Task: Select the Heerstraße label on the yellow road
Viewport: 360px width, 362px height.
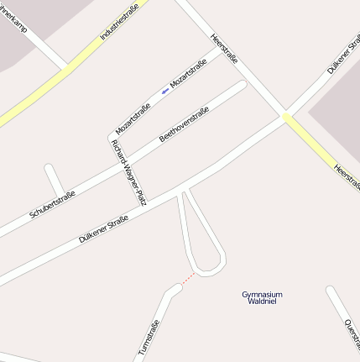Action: (347, 176)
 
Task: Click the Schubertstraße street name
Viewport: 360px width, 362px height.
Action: (52, 204)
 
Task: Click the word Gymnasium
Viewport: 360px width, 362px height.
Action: (262, 294)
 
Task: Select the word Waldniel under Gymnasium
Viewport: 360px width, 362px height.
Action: (262, 302)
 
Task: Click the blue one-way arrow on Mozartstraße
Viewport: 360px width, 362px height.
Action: (164, 91)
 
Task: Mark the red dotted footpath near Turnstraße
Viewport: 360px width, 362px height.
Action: (188, 279)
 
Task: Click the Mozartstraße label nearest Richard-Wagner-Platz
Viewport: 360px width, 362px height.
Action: (133, 118)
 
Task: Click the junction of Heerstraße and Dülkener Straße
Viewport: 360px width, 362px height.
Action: (286, 117)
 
